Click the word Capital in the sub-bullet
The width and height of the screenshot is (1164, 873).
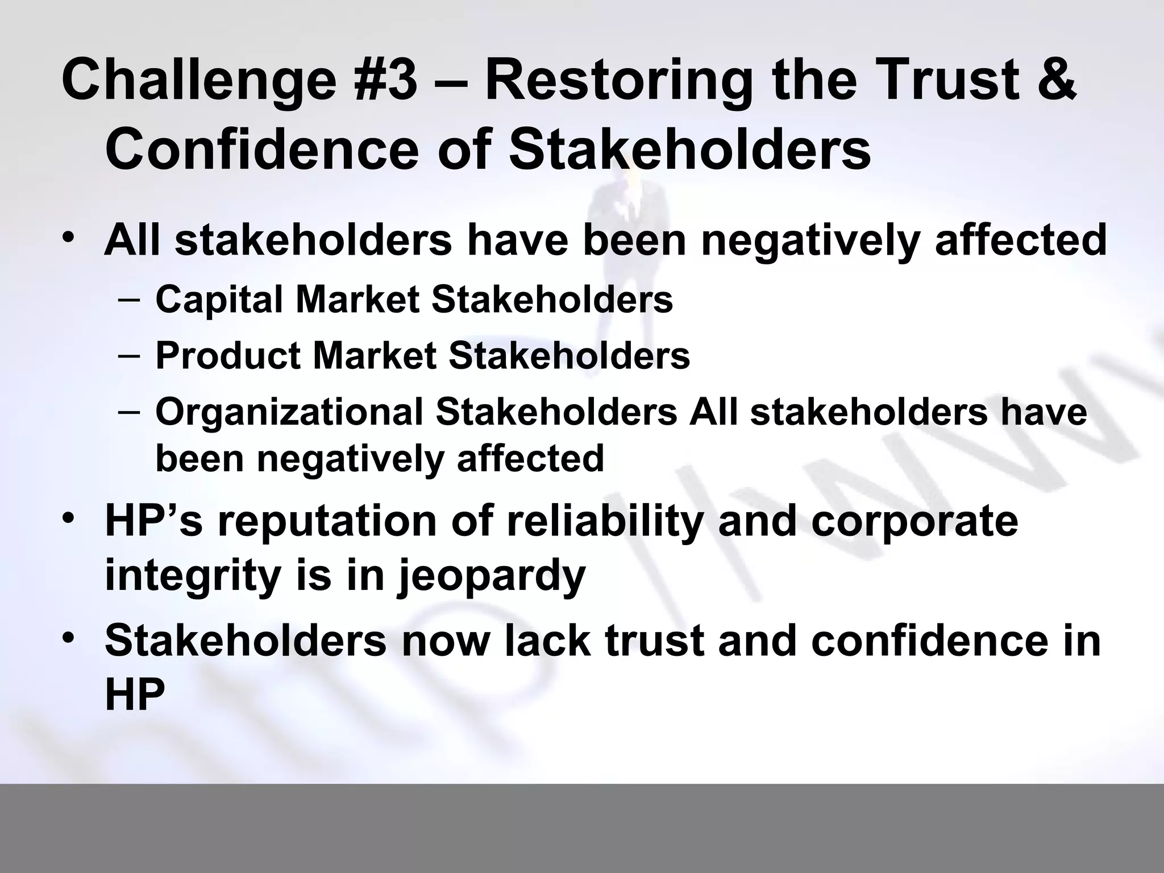219,300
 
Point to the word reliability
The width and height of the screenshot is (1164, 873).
604,521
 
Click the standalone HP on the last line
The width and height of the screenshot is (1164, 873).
135,695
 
